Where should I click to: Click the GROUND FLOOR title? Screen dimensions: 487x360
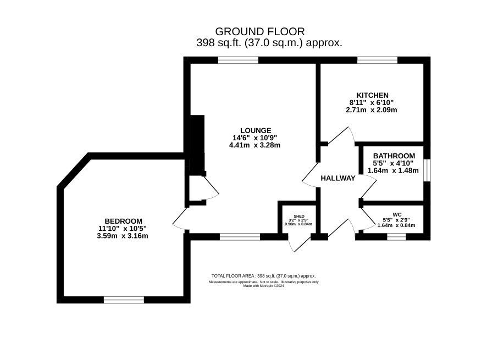260,31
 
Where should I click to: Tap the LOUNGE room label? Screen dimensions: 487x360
256,130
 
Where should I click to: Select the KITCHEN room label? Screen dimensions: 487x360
372,95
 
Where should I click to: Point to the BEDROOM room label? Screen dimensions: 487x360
123,221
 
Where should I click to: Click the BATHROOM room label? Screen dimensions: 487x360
394,156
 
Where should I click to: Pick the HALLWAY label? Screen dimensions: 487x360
338,178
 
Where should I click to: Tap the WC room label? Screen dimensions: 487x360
397,215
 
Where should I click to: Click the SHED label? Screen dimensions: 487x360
299,216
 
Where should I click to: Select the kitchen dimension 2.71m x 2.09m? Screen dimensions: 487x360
372,110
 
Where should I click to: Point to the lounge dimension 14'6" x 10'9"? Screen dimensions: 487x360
254,137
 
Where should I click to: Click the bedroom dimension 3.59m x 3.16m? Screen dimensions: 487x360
123,236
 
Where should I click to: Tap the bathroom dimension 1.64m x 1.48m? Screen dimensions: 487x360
393,170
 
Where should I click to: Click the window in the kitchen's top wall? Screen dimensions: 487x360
378,60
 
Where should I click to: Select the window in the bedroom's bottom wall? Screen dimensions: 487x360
124,300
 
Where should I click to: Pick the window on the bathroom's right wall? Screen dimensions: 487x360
427,170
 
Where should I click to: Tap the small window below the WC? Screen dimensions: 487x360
397,237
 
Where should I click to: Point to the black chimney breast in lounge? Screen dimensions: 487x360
197,145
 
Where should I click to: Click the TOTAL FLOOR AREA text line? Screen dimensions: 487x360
263,276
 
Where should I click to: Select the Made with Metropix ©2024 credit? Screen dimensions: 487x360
263,286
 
